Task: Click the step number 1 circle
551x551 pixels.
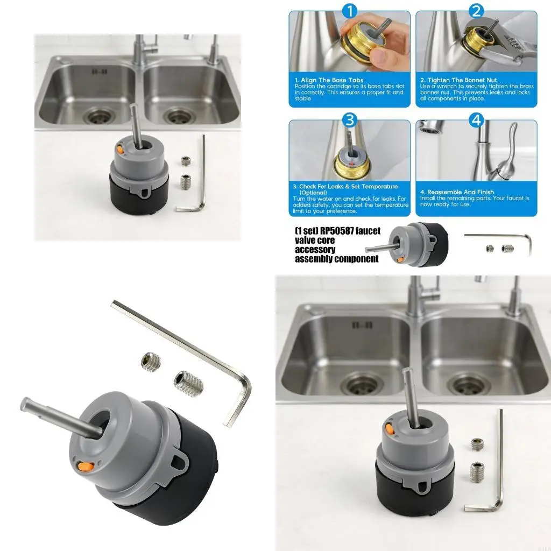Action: click(349, 11)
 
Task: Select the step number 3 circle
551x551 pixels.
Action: click(349, 119)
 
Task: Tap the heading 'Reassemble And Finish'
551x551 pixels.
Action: click(457, 192)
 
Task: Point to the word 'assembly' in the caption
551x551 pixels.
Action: click(314, 259)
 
